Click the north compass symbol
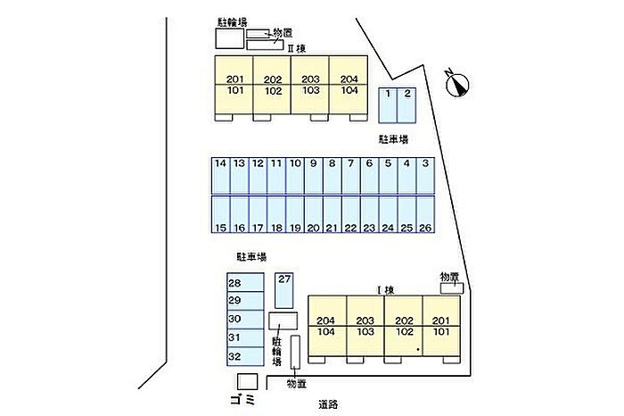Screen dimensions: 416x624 pos(459,84)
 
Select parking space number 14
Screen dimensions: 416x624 pos(221,175)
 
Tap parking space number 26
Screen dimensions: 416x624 pos(425,215)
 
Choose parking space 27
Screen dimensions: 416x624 pos(284,289)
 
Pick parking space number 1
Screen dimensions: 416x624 pos(389,105)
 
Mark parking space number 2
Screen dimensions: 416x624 pos(407,105)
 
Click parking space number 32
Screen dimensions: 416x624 pos(244,356)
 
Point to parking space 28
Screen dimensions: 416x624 pos(244,283)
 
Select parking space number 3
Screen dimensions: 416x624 pos(425,175)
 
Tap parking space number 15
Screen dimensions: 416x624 pos(221,215)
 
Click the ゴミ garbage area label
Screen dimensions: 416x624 pos(242,397)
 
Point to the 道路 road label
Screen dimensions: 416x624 pos(328,404)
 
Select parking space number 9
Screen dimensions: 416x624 pos(313,175)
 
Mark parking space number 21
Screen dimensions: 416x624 pos(332,215)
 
